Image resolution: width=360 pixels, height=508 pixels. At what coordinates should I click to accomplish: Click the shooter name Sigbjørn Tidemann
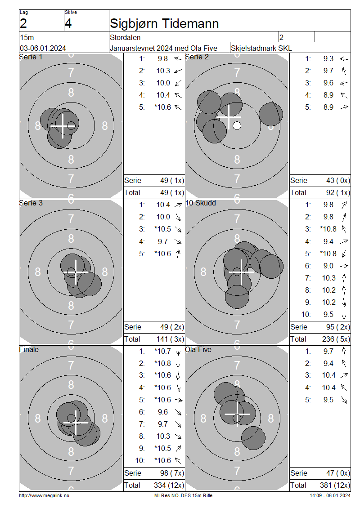click(164, 24)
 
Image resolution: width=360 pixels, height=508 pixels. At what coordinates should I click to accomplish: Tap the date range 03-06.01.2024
click(43, 48)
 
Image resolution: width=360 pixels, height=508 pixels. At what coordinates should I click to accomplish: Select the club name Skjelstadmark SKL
click(261, 48)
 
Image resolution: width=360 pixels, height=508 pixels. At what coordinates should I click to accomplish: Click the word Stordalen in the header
click(125, 37)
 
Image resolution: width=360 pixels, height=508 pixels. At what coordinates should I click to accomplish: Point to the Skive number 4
click(68, 24)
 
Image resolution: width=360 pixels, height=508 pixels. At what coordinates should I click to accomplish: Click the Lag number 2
click(23, 24)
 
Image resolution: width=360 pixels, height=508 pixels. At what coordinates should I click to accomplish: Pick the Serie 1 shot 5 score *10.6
click(163, 107)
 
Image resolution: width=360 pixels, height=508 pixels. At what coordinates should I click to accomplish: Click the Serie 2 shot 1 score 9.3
click(328, 58)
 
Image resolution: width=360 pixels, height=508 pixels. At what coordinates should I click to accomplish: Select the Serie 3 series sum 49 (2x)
click(172, 327)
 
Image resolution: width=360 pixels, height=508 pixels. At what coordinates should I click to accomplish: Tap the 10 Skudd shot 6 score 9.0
click(328, 266)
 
